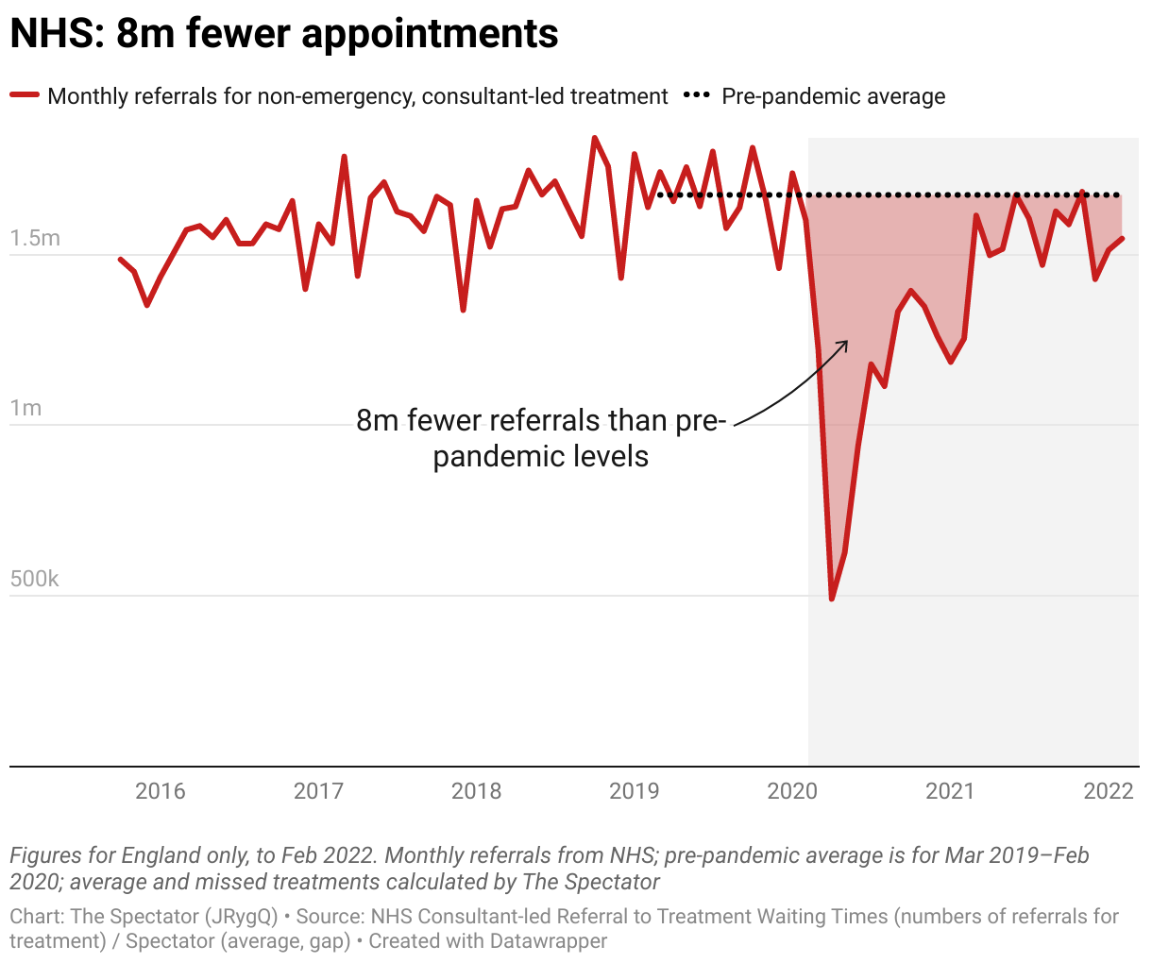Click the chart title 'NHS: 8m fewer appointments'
click(x=284, y=34)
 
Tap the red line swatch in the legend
click(x=25, y=95)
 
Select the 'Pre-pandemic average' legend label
click(x=833, y=96)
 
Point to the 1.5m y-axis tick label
click(x=35, y=238)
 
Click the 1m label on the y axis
click(x=26, y=408)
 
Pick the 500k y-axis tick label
click(x=35, y=579)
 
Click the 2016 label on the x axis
click(x=161, y=791)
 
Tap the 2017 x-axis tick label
click(x=318, y=791)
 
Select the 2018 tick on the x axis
click(x=476, y=791)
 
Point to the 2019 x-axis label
click(x=634, y=791)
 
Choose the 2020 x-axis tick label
click(x=792, y=791)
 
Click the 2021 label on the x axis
click(x=950, y=791)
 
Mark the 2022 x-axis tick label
click(x=1109, y=791)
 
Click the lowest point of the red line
click(x=832, y=599)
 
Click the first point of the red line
click(x=121, y=259)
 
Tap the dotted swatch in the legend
click(x=697, y=95)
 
